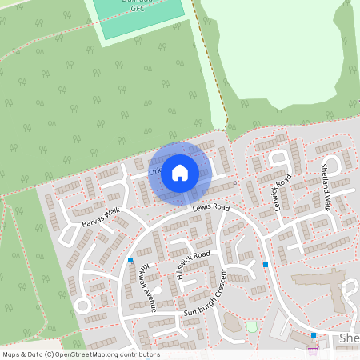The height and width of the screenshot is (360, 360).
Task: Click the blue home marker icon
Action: click(180, 171)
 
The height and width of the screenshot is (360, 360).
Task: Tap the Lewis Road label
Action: click(211, 208)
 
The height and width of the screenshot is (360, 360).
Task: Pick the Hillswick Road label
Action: click(189, 259)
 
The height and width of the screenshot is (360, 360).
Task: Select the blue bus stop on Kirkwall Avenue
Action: click(130, 260)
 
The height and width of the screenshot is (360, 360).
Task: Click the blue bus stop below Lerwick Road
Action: click(266, 264)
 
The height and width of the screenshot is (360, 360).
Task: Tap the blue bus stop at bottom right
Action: click(314, 335)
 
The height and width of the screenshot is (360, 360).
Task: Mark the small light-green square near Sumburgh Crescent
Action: click(252, 326)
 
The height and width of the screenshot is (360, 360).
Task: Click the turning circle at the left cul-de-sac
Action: click(81, 306)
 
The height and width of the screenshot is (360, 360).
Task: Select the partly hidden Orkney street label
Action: click(155, 170)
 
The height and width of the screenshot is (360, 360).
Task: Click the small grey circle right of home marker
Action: click(234, 183)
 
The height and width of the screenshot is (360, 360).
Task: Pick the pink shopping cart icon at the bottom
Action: click(312, 348)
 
